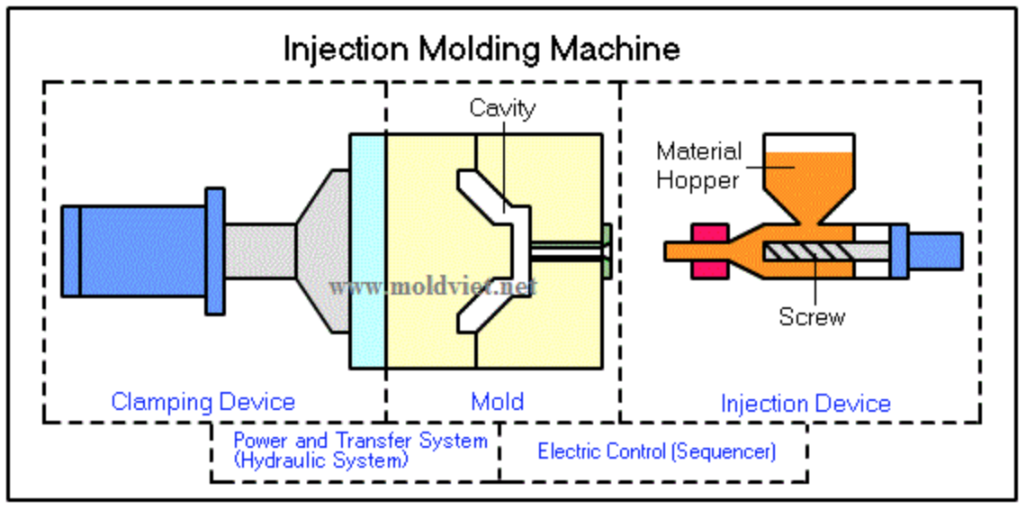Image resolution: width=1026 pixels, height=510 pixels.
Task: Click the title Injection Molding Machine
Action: (x=481, y=48)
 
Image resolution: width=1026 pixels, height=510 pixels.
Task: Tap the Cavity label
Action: (x=502, y=109)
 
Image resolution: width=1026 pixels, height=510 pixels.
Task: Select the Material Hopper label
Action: (x=697, y=165)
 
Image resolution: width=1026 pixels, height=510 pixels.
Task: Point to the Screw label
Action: (x=812, y=317)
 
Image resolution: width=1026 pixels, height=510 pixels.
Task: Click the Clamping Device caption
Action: (x=202, y=402)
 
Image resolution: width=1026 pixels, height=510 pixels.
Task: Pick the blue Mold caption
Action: (x=497, y=402)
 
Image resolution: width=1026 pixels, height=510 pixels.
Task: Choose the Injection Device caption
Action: (x=805, y=404)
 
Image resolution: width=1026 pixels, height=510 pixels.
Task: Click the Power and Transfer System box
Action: (x=360, y=451)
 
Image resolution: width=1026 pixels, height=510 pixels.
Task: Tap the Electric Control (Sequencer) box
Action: (x=656, y=451)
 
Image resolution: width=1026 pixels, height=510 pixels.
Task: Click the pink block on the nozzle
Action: (x=709, y=250)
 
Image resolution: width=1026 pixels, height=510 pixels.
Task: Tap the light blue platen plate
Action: (x=368, y=250)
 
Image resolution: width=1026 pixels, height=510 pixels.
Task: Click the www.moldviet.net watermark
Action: (x=433, y=287)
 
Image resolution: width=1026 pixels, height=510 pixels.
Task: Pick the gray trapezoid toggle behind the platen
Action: (x=324, y=252)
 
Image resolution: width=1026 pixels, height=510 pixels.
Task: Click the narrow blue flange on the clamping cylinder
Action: (x=214, y=250)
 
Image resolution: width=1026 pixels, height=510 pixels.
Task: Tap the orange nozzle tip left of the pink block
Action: (x=677, y=251)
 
